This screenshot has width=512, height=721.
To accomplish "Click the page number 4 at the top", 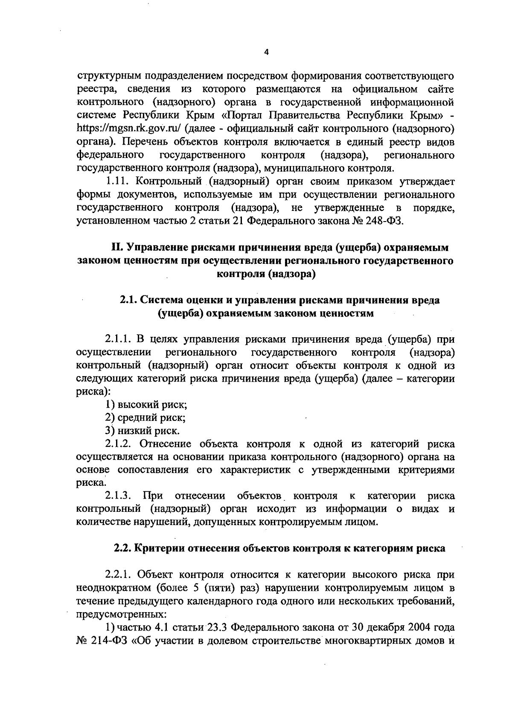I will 267,53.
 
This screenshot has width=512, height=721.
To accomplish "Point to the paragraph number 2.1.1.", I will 119,340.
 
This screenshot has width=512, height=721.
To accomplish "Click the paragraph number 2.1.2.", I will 119,444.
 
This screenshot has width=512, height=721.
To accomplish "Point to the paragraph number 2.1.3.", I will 119,496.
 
